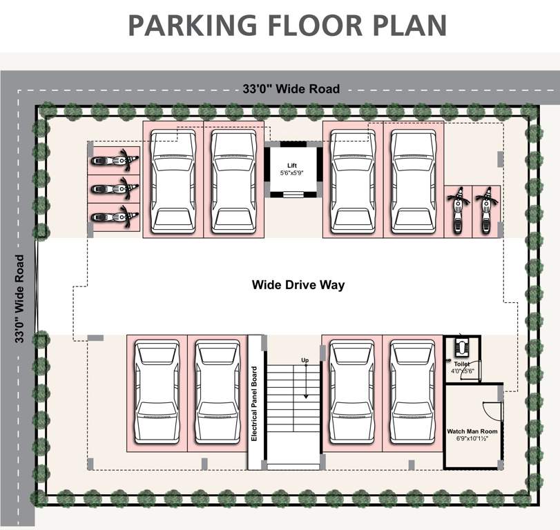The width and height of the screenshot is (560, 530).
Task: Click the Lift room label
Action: pos(292,165)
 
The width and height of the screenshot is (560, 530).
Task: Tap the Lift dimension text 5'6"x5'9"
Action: pos(292,173)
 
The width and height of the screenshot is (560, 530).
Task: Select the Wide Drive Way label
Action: pos(298,284)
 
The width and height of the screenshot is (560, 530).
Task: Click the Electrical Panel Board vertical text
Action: pos(255,404)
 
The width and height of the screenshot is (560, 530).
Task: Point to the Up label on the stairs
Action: pos(305,360)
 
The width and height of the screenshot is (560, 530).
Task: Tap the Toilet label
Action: pos(461,363)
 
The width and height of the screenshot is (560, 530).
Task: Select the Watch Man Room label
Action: pos(472,431)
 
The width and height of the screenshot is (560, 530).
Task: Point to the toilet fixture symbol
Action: pos(461,346)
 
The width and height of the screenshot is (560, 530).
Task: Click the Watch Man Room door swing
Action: pos(492,410)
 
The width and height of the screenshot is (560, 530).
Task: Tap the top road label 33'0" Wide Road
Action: pos(291,89)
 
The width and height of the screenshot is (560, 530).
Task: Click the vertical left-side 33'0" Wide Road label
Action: pos(20,299)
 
